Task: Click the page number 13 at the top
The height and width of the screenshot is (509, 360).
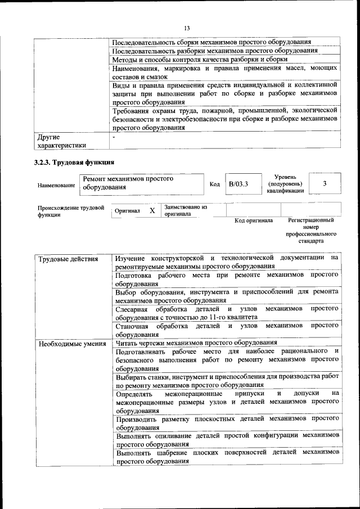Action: [x=187, y=28]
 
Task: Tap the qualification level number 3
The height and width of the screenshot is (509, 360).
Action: [x=325, y=184]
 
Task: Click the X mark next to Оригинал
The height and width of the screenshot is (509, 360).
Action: [x=152, y=210]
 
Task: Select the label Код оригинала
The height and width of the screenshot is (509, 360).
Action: [x=254, y=220]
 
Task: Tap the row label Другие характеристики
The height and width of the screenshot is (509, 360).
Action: [x=61, y=141]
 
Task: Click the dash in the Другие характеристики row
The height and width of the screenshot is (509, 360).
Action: [x=114, y=137]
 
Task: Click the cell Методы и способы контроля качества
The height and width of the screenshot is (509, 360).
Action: [x=200, y=59]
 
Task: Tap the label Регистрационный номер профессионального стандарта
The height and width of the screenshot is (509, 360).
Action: [x=310, y=231]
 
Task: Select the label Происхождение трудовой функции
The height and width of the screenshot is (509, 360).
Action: [x=71, y=211]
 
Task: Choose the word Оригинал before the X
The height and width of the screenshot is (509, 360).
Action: [x=127, y=211]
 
